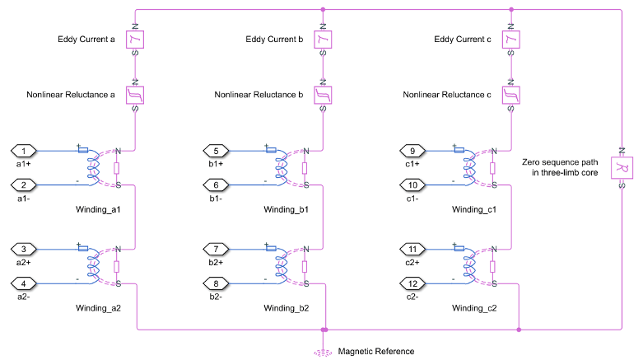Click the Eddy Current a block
pyautogui.click(x=135, y=40)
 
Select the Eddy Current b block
pyautogui.click(x=324, y=40)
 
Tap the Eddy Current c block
pyautogui.click(x=511, y=40)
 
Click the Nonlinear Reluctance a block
pyautogui.click(x=135, y=96)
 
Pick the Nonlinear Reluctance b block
pyautogui.click(x=324, y=96)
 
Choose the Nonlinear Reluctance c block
pyautogui.click(x=511, y=96)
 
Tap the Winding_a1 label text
pyautogui.click(x=98, y=210)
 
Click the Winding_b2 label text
pyautogui.click(x=287, y=308)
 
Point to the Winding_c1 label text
pyautogui.click(x=474, y=210)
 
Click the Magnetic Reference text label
pyautogui.click(x=376, y=352)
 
